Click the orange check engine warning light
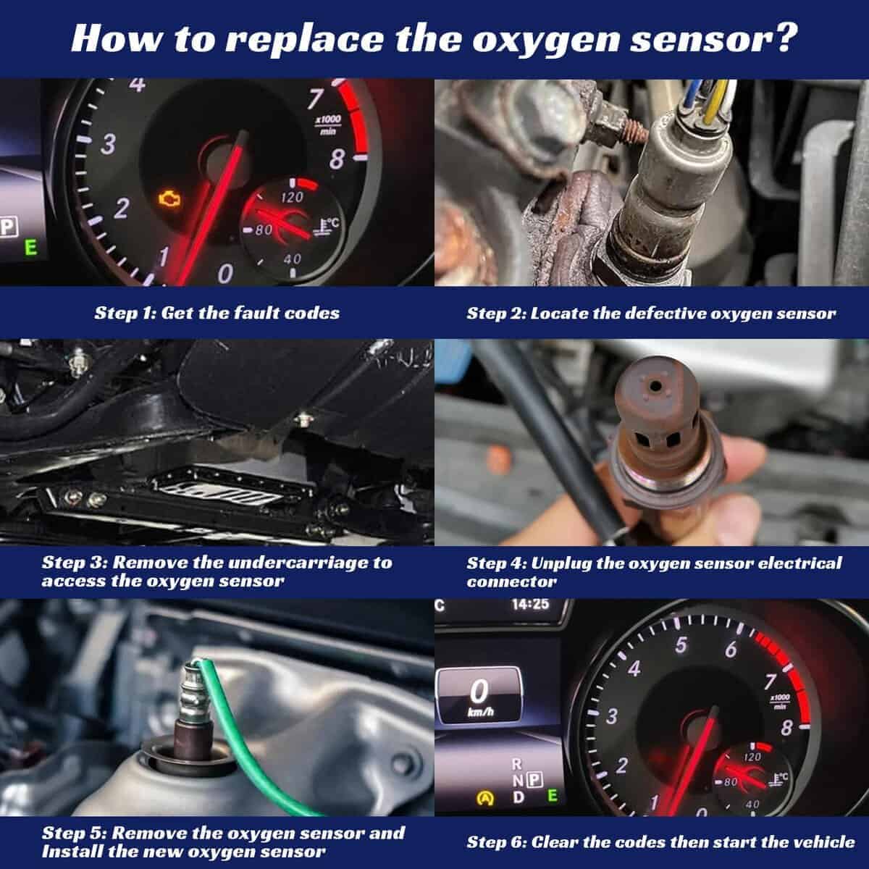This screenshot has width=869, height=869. point(169,198)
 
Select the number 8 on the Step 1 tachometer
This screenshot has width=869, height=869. point(337,159)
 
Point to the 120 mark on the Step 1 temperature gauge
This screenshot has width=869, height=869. point(292,197)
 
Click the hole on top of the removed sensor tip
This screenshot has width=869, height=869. point(655,385)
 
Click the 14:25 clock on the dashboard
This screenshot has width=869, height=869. point(530,604)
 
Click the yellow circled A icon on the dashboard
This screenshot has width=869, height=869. point(485,799)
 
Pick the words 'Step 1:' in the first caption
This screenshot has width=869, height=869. point(125,314)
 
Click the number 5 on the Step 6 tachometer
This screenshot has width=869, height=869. point(681,645)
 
